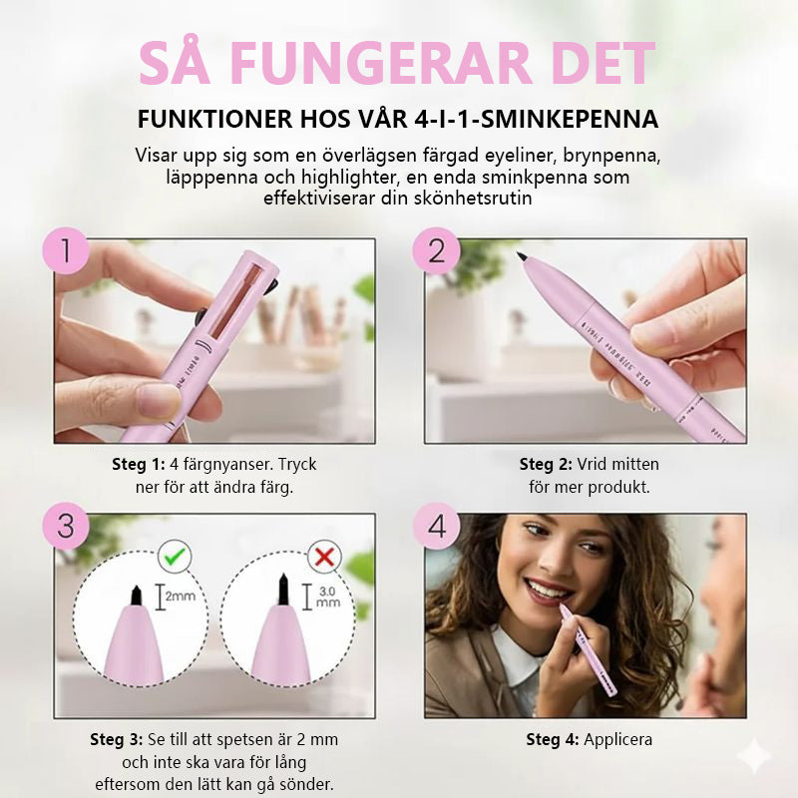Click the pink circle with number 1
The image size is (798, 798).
coord(67,250)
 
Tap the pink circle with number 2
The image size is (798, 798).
coord(436,250)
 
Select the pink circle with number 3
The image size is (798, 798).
coord(67,526)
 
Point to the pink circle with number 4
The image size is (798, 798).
coord(436,526)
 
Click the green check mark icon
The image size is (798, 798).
coord(174,557)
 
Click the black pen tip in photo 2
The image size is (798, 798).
coord(522,258)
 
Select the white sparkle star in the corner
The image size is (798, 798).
coord(755,758)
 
